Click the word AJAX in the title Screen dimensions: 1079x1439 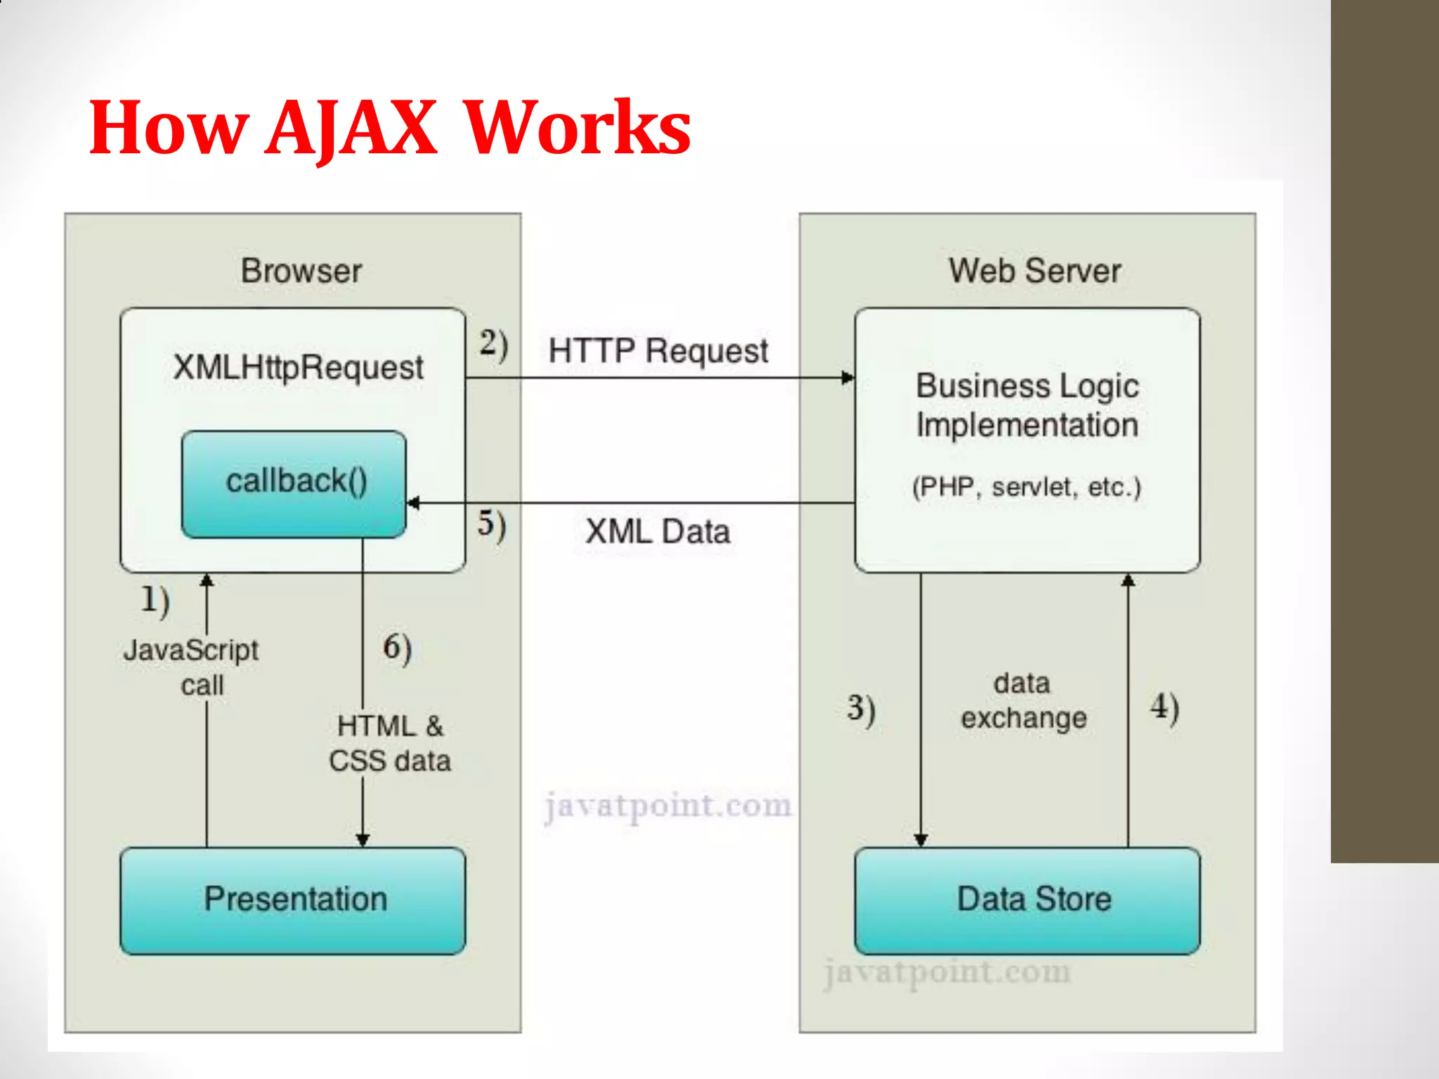[351, 128]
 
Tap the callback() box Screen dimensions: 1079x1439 [294, 484]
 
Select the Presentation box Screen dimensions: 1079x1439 [293, 900]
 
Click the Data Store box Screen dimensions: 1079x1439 [1027, 900]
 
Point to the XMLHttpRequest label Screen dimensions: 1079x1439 [298, 367]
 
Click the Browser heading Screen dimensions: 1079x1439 [301, 271]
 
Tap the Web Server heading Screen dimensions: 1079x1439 [1034, 271]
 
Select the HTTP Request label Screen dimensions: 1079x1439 [658, 351]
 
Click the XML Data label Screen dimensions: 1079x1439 [658, 532]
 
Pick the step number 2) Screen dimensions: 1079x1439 [494, 345]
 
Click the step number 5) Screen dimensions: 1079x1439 [492, 525]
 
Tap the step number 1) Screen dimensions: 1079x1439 [155, 601]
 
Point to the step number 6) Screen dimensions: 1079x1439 [397, 648]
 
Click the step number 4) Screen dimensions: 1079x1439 [1164, 707]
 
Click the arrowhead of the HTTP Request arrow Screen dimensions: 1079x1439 [848, 378]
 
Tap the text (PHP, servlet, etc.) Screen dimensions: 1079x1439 [1027, 487]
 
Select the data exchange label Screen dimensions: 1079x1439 [1024, 700]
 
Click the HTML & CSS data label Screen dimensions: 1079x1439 [390, 743]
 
